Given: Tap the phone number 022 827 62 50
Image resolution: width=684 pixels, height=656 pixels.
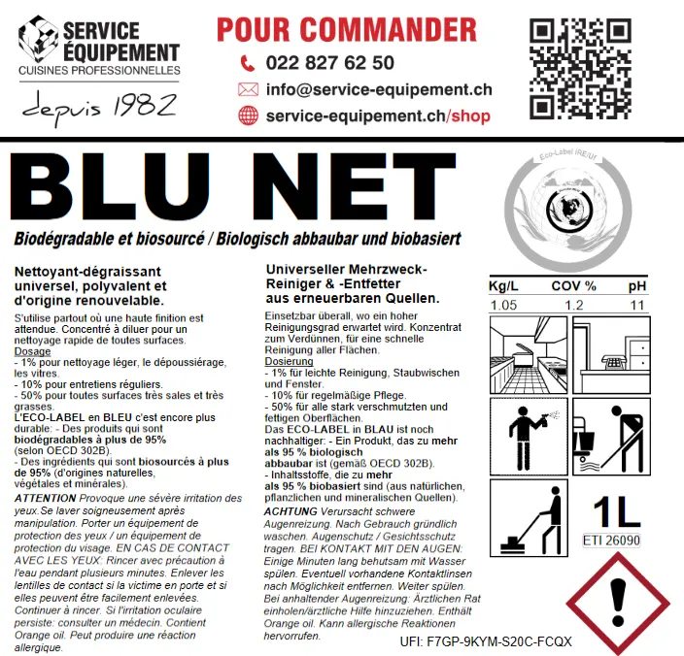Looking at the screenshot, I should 329,63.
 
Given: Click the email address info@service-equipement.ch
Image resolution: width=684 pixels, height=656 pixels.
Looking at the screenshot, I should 378,90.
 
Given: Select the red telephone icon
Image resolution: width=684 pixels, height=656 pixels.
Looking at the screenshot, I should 247,63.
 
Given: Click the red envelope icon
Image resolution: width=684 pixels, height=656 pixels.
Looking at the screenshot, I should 247,90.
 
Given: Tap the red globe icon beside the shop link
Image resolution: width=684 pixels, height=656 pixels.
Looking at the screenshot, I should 247,115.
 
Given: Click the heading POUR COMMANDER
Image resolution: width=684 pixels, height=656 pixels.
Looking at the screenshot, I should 347,28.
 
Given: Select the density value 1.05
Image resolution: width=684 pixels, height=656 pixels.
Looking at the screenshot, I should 502,307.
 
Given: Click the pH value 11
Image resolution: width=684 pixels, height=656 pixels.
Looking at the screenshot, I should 636,307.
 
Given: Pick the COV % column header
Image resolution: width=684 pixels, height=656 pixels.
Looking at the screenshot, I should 573,286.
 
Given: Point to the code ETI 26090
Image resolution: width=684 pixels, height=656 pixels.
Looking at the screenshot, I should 611,540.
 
